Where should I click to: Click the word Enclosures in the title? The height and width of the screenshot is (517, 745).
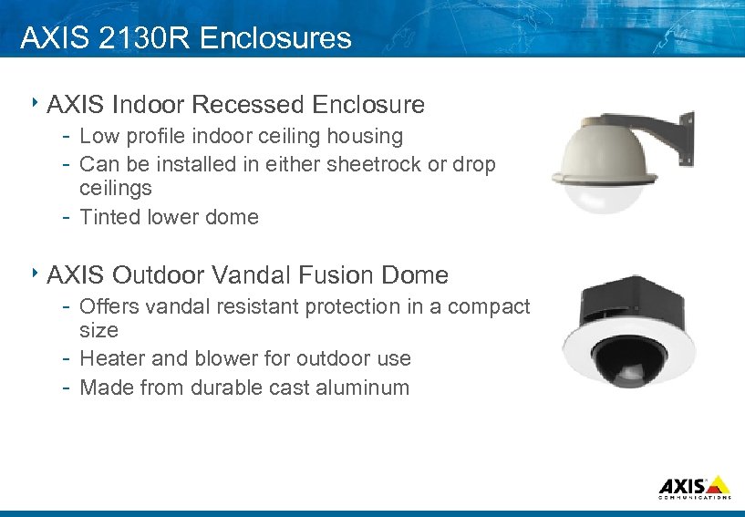coord(274,37)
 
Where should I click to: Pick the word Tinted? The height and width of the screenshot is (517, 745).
coord(109,217)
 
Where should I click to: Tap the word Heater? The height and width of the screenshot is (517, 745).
coord(112,358)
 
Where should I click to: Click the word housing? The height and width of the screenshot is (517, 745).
coord(363,137)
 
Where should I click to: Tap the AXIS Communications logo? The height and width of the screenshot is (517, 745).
coord(693,487)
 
